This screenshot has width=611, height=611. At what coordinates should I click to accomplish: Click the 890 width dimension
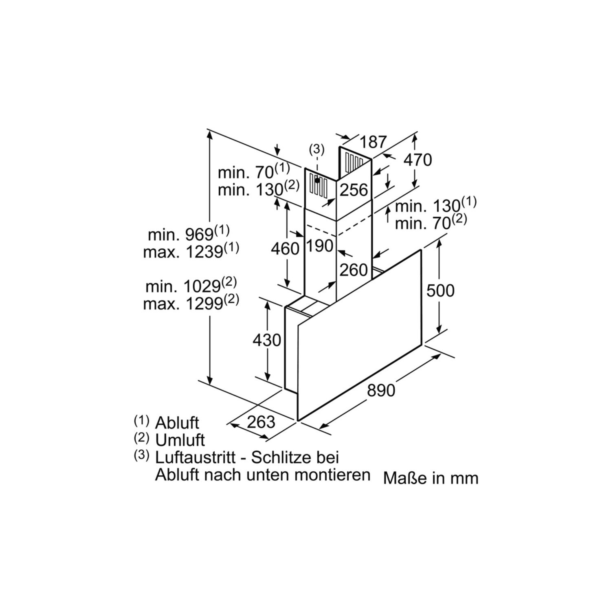point(381,390)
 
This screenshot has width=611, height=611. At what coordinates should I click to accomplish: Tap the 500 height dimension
point(440,290)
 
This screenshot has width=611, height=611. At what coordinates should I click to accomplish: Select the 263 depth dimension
point(261,422)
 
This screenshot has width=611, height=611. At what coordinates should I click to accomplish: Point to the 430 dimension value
point(267,340)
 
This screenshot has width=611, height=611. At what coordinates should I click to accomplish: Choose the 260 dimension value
point(354,270)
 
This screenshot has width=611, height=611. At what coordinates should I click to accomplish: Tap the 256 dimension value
point(354,190)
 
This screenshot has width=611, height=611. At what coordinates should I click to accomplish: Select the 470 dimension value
point(418,160)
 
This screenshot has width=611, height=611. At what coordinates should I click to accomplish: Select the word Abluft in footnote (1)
point(177,423)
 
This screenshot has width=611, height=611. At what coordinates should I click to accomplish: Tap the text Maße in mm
point(431,478)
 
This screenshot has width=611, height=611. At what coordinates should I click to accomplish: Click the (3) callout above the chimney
point(317,149)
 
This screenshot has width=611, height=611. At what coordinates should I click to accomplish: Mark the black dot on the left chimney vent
point(317,180)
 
